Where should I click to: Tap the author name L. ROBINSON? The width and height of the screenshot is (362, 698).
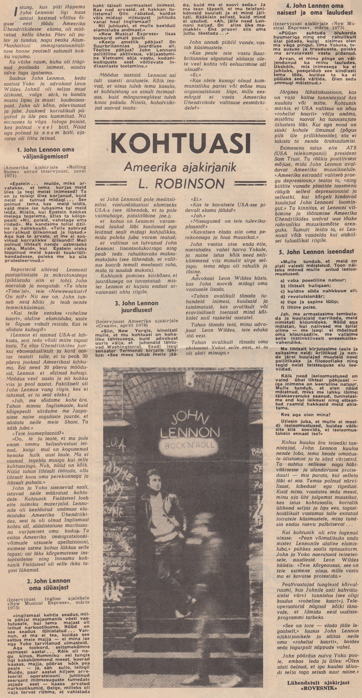coord(181,184)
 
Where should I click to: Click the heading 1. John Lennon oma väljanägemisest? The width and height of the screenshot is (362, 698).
coord(45,153)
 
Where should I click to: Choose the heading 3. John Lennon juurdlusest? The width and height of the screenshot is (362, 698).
coord(136,306)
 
